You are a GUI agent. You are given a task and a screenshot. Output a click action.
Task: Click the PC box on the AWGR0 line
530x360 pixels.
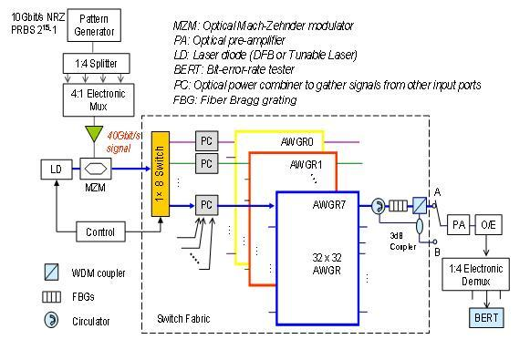tap(207, 140)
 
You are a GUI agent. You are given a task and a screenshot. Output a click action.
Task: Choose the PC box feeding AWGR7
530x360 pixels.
tap(207, 205)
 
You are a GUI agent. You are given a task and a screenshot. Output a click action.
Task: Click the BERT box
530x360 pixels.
tap(481, 317)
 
